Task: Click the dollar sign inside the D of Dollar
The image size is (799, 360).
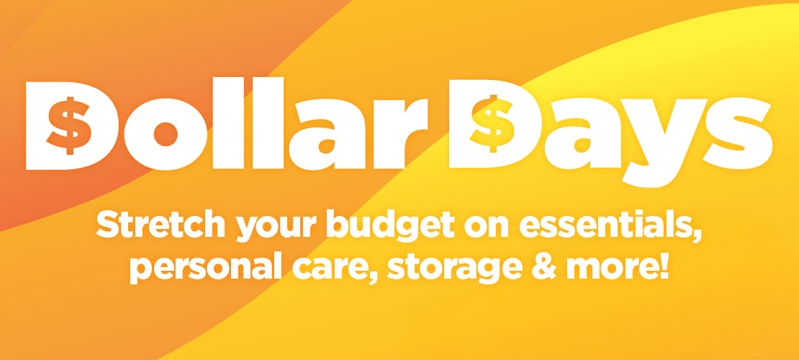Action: pos(69,125)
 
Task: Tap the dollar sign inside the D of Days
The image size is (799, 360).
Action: pos(492,123)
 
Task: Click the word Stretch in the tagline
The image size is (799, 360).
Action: pos(161,225)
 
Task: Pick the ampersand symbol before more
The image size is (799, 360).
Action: pos(544,266)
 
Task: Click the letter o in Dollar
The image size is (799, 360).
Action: pos(166,134)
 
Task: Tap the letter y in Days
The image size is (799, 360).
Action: pos(664,143)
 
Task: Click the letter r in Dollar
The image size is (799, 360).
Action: pos(399,133)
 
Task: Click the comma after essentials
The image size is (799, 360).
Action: pos(696,235)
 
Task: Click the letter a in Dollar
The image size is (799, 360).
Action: pos(327,134)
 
